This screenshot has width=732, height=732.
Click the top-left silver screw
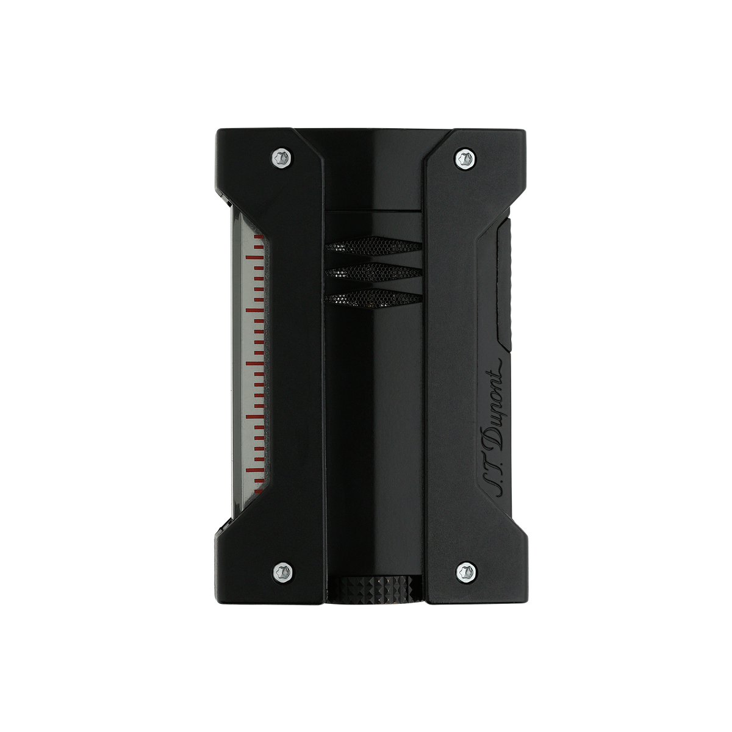(x=283, y=157)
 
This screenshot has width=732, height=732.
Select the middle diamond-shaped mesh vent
(x=373, y=271)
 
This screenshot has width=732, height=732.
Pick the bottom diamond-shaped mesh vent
(x=373, y=297)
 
